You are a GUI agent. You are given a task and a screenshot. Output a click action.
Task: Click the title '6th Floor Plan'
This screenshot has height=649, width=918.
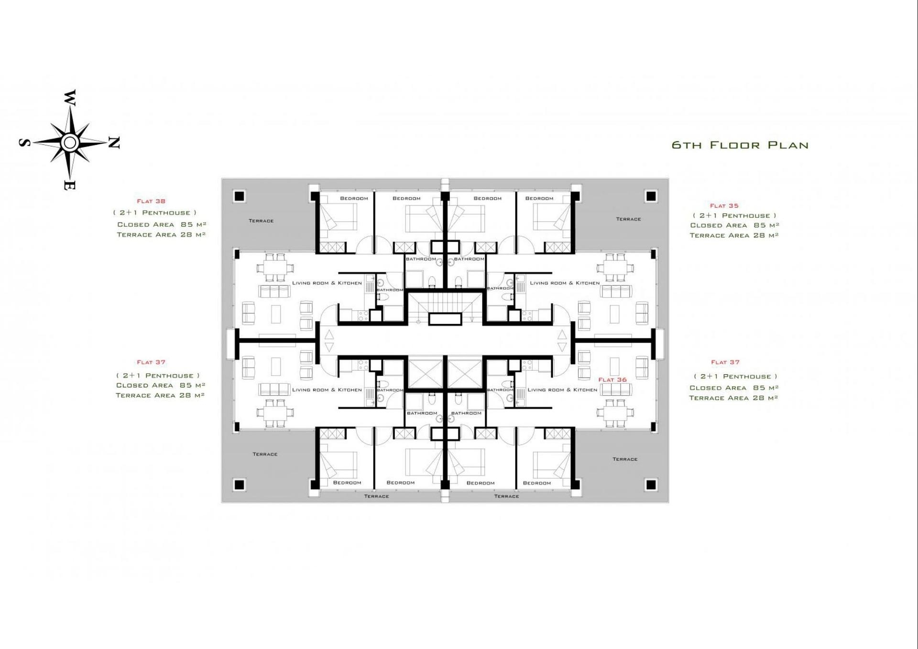click(740, 145)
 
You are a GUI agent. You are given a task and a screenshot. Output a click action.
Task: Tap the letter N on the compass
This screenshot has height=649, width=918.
click(114, 142)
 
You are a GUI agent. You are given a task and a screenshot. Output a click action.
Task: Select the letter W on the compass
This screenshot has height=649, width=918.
click(70, 97)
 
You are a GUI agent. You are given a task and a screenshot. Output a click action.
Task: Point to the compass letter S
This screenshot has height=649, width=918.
click(25, 142)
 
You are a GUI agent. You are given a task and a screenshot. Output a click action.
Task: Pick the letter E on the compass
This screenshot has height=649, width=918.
click(69, 186)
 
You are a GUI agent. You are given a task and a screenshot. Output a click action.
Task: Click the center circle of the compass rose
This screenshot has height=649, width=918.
click(70, 142)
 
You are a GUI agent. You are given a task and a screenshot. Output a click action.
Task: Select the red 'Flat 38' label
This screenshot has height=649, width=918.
click(151, 201)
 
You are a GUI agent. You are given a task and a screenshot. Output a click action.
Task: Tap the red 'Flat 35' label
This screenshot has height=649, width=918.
click(724, 206)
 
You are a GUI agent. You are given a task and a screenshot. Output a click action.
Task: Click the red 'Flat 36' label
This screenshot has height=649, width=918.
click(612, 380)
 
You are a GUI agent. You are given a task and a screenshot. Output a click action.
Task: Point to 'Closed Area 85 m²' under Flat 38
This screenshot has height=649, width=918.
click(162, 225)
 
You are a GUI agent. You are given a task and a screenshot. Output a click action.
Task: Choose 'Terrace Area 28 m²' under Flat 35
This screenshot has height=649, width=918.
click(734, 236)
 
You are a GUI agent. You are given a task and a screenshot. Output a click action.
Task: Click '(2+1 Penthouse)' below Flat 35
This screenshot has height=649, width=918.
click(734, 216)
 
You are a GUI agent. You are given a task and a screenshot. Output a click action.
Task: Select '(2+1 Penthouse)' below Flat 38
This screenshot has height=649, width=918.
click(155, 213)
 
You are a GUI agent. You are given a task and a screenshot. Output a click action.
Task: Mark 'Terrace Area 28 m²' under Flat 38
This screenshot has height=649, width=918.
click(161, 235)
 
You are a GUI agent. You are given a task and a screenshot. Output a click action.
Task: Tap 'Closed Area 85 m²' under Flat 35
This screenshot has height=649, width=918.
click(734, 226)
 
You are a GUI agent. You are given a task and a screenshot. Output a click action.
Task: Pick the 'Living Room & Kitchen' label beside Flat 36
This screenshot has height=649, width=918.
click(562, 390)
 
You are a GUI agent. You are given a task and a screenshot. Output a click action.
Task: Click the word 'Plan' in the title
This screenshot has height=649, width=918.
click(788, 145)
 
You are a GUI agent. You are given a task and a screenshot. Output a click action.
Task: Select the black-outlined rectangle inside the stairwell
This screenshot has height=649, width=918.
click(445, 319)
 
